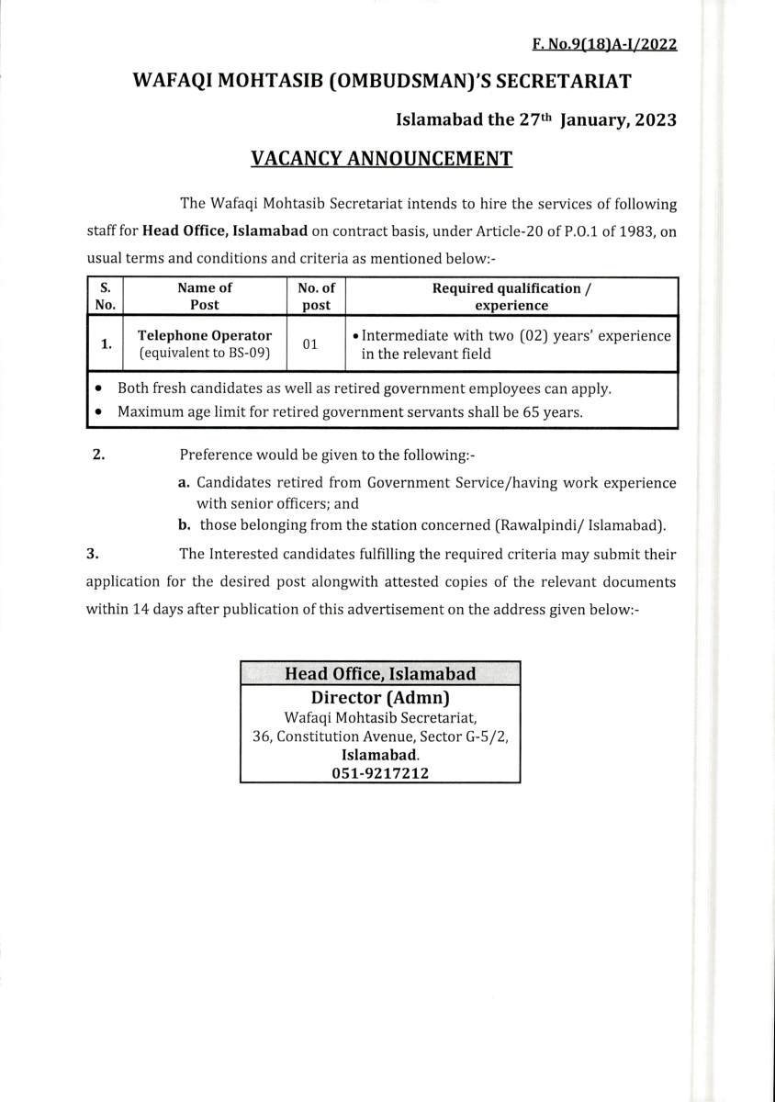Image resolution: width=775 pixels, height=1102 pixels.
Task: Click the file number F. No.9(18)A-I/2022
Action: click(604, 44)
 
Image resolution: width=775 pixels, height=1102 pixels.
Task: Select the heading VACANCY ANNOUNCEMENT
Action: click(381, 158)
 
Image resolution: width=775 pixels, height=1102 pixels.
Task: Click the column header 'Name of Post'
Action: click(205, 297)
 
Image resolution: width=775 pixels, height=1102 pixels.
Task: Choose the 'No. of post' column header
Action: click(317, 297)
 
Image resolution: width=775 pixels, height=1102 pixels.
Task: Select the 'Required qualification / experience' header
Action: click(511, 297)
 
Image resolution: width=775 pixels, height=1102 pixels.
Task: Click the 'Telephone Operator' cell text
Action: click(205, 335)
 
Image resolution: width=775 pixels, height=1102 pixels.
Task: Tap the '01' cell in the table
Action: click(310, 344)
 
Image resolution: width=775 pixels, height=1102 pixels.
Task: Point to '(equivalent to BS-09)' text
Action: click(205, 354)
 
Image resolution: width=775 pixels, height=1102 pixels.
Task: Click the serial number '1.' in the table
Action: click(107, 344)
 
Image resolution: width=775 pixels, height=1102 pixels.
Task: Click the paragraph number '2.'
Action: click(98, 455)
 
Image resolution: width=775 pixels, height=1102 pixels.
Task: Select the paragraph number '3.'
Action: click(92, 554)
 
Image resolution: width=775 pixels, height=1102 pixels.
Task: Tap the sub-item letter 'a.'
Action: click(184, 482)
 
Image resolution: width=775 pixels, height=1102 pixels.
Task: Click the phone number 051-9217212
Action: click(380, 773)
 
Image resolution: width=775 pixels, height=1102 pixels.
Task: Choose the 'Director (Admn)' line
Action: click(380, 697)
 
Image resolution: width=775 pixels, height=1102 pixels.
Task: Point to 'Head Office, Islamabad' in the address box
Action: click(380, 674)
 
